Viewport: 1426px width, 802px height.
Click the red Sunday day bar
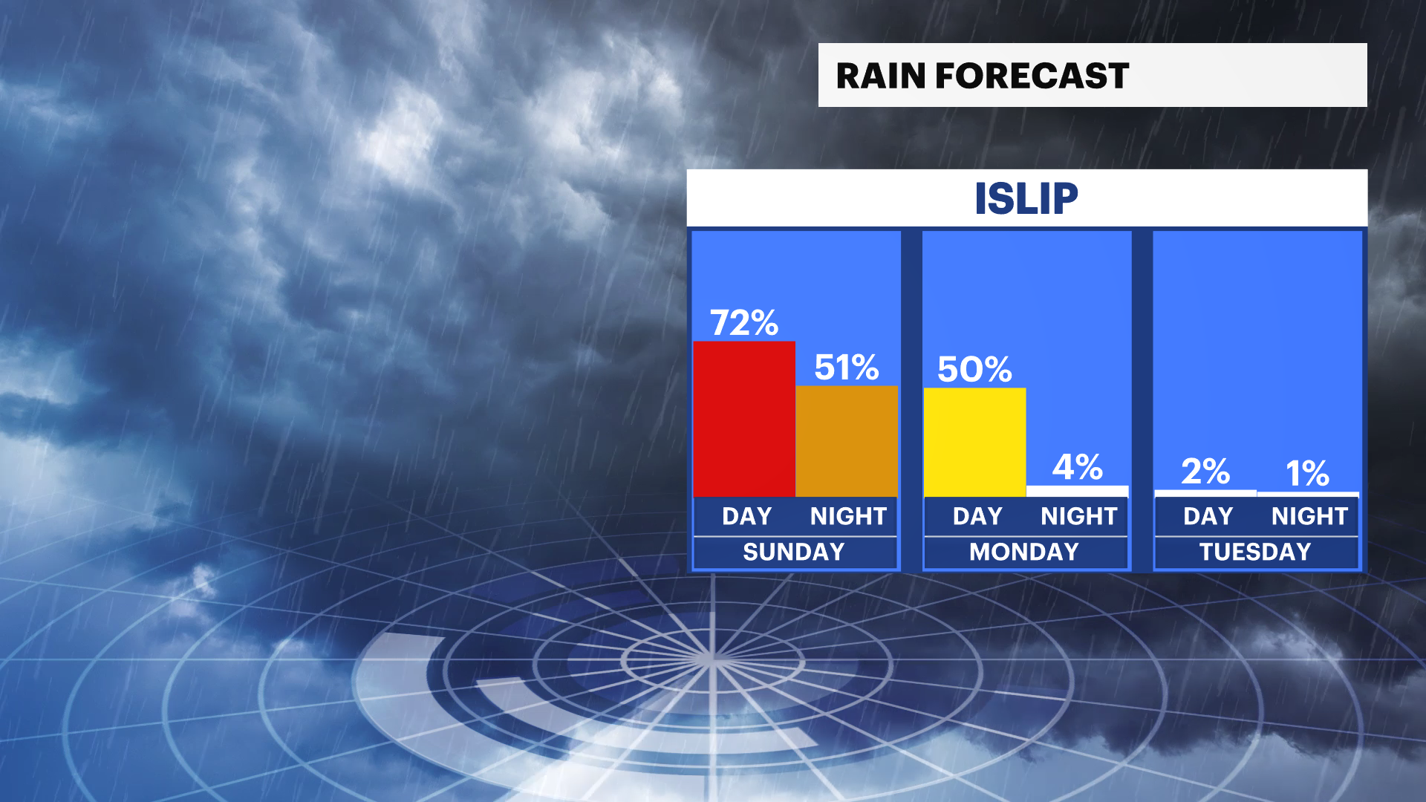744,419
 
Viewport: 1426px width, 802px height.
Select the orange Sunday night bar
847,441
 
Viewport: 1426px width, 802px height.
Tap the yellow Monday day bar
974,442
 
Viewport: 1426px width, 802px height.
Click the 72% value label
744,323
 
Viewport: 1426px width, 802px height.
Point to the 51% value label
847,368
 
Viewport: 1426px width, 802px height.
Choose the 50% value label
974,369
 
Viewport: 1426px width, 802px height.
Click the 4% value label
1077,467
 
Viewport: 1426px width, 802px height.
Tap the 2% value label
1205,472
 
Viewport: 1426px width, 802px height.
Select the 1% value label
1307,474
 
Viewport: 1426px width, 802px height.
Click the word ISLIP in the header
1026,198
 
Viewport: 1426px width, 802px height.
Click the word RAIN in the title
881,76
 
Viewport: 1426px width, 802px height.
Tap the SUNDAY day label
794,552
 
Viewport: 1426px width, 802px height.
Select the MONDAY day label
1024,552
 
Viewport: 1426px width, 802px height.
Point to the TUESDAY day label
1255,552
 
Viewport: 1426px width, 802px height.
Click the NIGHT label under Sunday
848,516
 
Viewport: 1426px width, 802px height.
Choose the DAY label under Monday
977,516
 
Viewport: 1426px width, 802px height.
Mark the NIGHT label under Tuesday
1309,516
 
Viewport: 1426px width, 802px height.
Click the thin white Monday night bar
1077,491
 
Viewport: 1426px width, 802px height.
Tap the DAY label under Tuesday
1208,516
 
